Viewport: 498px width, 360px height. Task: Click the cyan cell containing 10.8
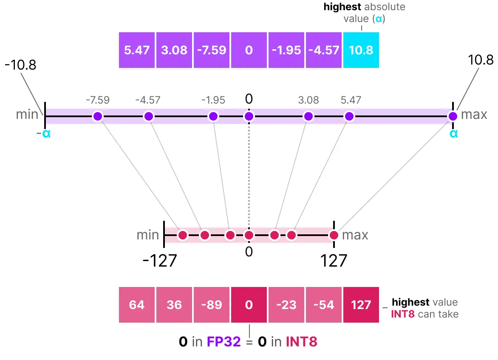pos(361,50)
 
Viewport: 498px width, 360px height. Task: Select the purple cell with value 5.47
pos(137,50)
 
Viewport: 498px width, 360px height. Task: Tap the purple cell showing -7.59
pos(211,50)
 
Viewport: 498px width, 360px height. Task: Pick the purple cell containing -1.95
pos(286,50)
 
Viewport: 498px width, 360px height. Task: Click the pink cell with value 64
pos(137,305)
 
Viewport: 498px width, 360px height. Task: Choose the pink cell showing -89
pos(211,305)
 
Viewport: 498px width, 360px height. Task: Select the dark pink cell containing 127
pos(361,305)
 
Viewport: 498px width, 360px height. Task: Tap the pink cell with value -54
pos(323,305)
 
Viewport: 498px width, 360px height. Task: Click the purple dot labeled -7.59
pos(98,116)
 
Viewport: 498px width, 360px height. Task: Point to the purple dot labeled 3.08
pos(308,116)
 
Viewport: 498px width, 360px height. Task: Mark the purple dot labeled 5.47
pos(349,116)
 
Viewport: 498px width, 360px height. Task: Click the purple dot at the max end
pos(453,116)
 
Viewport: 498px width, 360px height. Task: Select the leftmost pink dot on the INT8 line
pos(183,235)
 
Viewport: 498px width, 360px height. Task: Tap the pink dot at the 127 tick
pos(334,235)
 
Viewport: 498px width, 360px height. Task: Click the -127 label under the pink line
pos(159,261)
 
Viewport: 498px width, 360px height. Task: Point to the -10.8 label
pos(20,65)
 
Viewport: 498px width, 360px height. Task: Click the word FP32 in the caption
pos(223,342)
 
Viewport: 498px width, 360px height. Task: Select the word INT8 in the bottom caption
pos(301,342)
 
